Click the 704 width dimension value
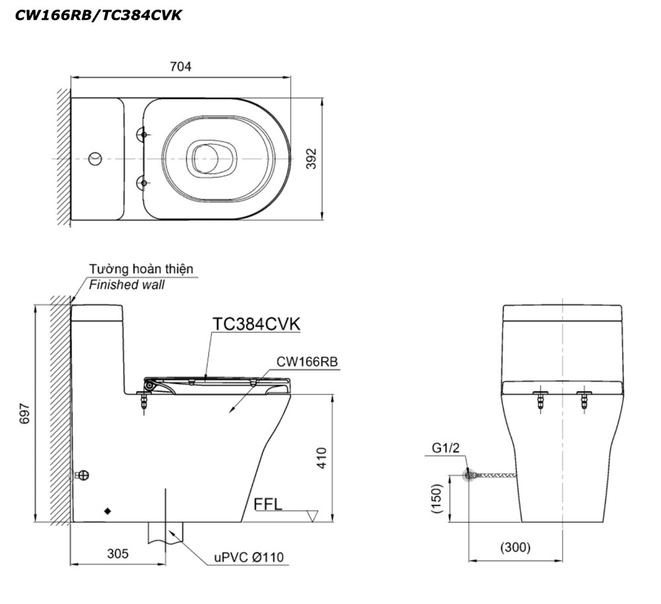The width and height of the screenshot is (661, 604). tap(180, 67)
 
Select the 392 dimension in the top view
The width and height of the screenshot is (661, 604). tap(311, 158)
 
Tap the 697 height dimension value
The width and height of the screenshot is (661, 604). tap(25, 413)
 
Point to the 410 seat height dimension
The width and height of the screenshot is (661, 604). tap(321, 458)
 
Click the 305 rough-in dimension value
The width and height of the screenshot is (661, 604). tap(118, 553)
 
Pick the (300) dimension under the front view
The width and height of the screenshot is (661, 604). tap(515, 547)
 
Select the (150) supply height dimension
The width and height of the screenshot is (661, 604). tap(437, 498)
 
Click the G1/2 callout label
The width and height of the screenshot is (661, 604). tap(446, 449)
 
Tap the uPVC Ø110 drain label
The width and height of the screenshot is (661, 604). tap(249, 557)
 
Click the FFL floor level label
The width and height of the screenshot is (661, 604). tap(268, 504)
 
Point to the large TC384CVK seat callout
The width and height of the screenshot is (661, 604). tap(256, 324)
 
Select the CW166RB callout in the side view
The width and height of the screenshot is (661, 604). tap(307, 362)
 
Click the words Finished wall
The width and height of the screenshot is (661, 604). tap(126, 285)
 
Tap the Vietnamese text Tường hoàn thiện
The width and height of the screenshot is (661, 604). tap(141, 269)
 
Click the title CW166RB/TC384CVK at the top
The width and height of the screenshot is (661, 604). tap(98, 15)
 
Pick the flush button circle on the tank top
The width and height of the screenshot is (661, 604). tap(96, 158)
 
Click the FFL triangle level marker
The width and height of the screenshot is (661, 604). tap(313, 516)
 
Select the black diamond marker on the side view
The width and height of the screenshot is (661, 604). tap(108, 511)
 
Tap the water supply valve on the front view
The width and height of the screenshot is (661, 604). tap(469, 475)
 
